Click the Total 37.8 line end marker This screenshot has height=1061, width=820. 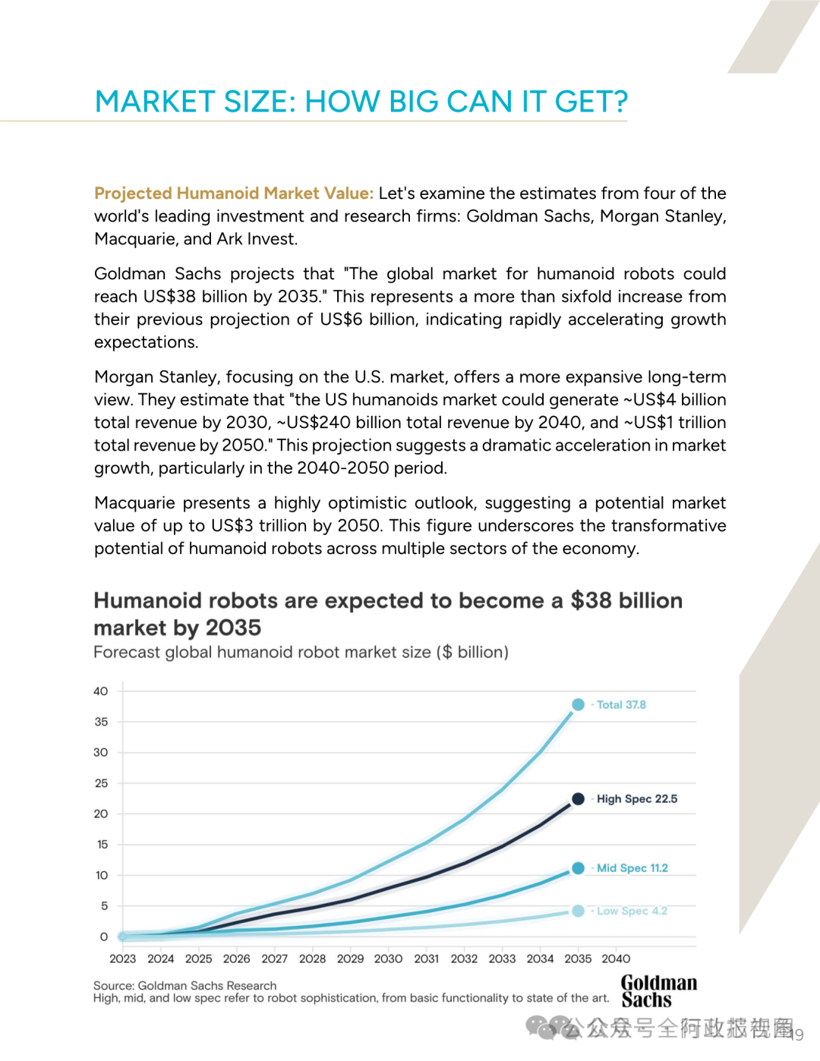point(578,704)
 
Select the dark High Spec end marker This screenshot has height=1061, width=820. point(578,798)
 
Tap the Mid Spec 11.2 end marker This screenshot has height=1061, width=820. point(578,868)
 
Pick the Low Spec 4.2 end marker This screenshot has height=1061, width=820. point(578,911)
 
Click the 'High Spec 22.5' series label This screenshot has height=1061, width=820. point(636,798)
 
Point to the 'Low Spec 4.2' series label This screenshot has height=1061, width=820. point(632,911)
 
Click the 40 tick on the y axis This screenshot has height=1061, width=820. point(101,691)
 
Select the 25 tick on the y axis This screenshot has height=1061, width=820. point(101,783)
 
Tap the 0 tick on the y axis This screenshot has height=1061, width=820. point(104,937)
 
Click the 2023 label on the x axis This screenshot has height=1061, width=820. point(122,959)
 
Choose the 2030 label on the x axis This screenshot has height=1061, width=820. point(388,959)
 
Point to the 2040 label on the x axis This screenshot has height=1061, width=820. point(616,959)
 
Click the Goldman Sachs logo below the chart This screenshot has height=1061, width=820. point(658,991)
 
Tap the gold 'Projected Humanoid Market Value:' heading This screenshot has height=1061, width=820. point(234,194)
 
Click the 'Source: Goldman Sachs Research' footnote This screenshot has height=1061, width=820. point(184,986)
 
